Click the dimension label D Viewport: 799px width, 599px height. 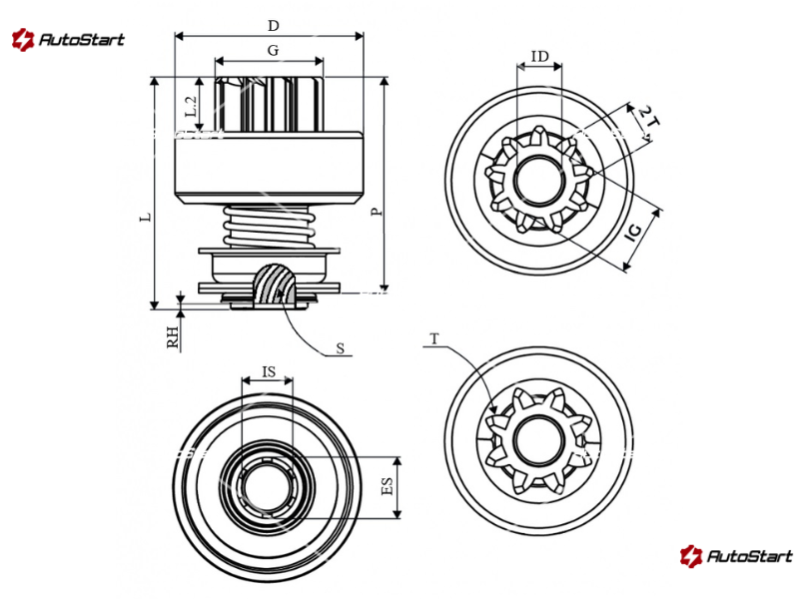coord(273,23)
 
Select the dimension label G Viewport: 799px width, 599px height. coord(272,49)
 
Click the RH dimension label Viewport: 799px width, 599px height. coord(173,336)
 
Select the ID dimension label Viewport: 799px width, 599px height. coord(539,57)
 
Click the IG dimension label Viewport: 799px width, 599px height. coord(632,235)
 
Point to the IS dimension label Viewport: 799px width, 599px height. coord(268,371)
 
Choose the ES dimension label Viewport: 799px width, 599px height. coord(387,486)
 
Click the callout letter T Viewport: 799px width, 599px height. coord(434,339)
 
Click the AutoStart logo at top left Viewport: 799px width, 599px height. coord(68,40)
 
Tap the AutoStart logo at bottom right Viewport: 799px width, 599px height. coord(736,556)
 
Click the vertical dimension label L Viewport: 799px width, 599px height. coord(146,216)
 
